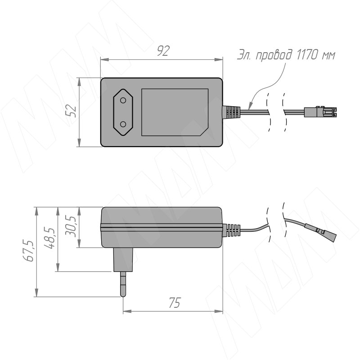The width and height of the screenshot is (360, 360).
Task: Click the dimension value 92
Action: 163,51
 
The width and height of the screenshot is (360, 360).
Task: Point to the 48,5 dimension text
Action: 50,238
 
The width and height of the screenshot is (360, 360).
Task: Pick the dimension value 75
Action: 175,302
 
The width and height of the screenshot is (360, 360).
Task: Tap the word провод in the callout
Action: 274,55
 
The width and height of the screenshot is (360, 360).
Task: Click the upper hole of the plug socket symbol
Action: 123,100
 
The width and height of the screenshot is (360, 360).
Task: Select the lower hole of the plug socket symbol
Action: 123,124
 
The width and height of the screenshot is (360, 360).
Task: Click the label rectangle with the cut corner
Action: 175,112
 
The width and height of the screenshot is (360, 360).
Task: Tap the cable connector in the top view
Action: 320,112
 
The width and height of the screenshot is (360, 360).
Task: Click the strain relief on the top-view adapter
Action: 231,112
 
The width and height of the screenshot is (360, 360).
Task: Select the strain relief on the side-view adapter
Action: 231,230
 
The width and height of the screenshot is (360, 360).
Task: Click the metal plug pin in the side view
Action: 123,284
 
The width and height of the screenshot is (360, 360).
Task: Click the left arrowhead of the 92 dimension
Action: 105,60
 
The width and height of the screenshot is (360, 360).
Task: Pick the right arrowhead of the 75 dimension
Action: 219,311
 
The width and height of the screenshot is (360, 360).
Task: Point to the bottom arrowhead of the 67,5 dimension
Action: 36,292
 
